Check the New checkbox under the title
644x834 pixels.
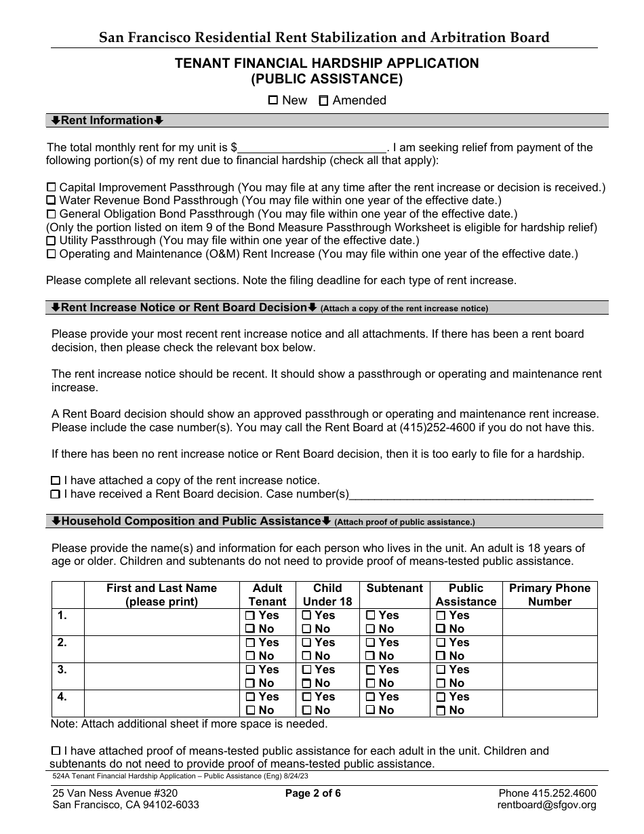point(273,100)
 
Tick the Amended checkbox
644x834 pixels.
point(324,100)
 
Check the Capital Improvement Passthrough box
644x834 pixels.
point(52,187)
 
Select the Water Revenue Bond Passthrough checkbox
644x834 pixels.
point(52,201)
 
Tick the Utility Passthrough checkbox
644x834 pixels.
point(52,241)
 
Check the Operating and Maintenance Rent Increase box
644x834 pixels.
point(52,254)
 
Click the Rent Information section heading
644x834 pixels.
point(107,121)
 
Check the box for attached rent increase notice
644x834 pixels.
point(56,481)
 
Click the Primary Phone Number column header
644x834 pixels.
point(550,595)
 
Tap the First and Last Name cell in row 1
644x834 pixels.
point(161,622)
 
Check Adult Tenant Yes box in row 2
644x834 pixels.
point(250,643)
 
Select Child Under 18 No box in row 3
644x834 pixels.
point(306,683)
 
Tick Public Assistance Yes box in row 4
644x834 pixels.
point(441,697)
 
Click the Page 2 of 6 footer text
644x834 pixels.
point(313,793)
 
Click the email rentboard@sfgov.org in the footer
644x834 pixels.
point(546,806)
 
